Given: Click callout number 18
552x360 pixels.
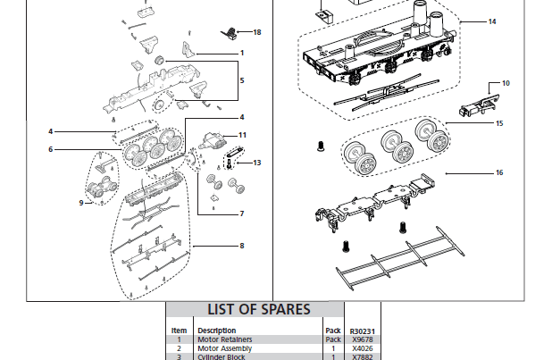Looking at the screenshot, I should point(257,32).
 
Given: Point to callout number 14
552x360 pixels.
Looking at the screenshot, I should point(492,21).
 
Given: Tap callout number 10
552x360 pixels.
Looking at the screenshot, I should point(506,83).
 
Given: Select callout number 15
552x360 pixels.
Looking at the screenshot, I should point(499,122).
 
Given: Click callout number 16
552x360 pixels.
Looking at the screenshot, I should point(499,172).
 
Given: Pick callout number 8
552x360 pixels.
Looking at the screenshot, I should point(241,246).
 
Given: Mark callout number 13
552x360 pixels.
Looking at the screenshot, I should point(257,163).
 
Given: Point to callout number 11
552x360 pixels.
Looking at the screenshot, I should point(241,134).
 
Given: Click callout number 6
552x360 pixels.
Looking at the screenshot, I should point(51,149).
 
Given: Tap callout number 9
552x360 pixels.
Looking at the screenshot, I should point(80,202).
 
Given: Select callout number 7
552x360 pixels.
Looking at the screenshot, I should point(241,213).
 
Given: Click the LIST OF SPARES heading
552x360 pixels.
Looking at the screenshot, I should point(259,310).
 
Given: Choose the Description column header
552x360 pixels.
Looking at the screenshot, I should point(216,331).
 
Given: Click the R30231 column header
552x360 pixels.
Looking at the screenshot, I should point(363,331).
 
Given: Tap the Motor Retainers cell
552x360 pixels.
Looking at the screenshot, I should point(224,339).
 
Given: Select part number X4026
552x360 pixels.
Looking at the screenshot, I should point(362,348).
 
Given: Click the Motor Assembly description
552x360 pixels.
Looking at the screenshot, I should point(224,348).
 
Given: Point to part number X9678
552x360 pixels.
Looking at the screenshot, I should point(362,339).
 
